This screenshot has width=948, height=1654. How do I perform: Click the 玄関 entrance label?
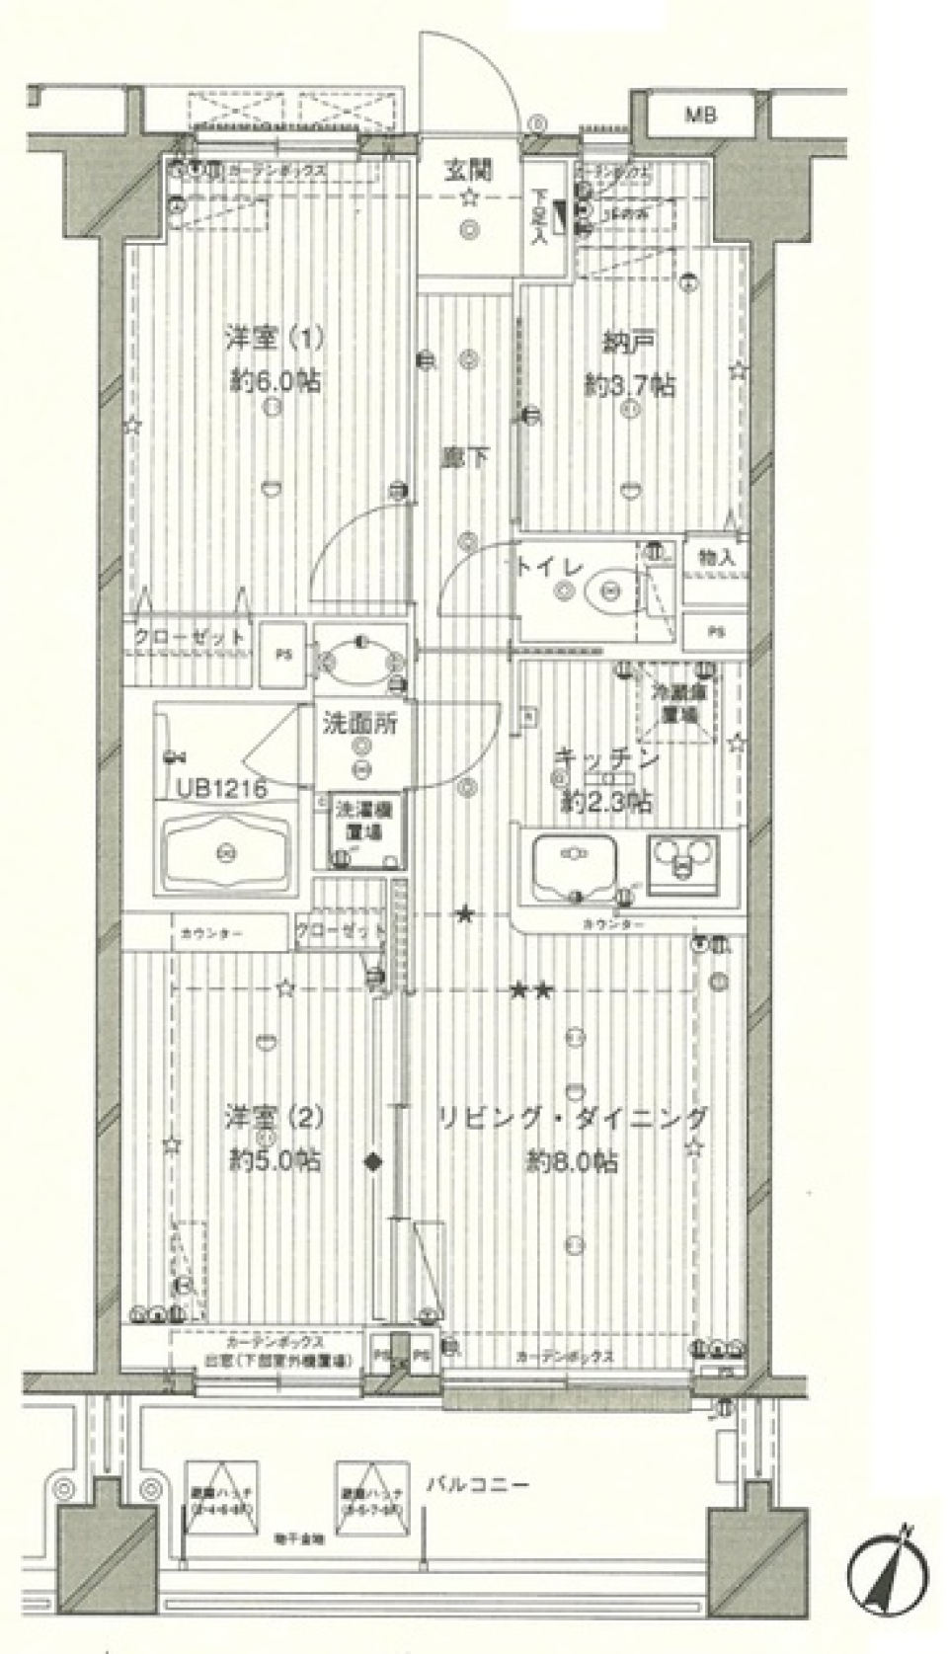point(468,171)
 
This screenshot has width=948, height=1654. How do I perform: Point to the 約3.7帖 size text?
point(630,386)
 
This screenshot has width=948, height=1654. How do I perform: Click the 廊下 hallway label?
point(465,457)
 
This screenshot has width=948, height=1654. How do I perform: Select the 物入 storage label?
point(716,558)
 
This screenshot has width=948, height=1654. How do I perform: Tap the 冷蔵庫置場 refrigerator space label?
point(676,701)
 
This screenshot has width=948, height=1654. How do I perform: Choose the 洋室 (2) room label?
point(274,1119)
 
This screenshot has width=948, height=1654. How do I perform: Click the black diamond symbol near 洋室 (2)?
point(373,1161)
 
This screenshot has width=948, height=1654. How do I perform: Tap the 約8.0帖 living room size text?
point(573,1161)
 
